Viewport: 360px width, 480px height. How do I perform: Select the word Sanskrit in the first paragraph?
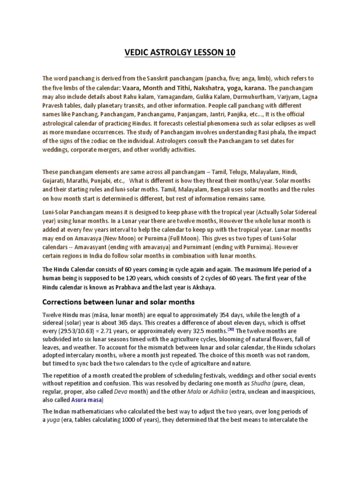169,79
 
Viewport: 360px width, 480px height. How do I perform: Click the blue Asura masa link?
87,399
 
